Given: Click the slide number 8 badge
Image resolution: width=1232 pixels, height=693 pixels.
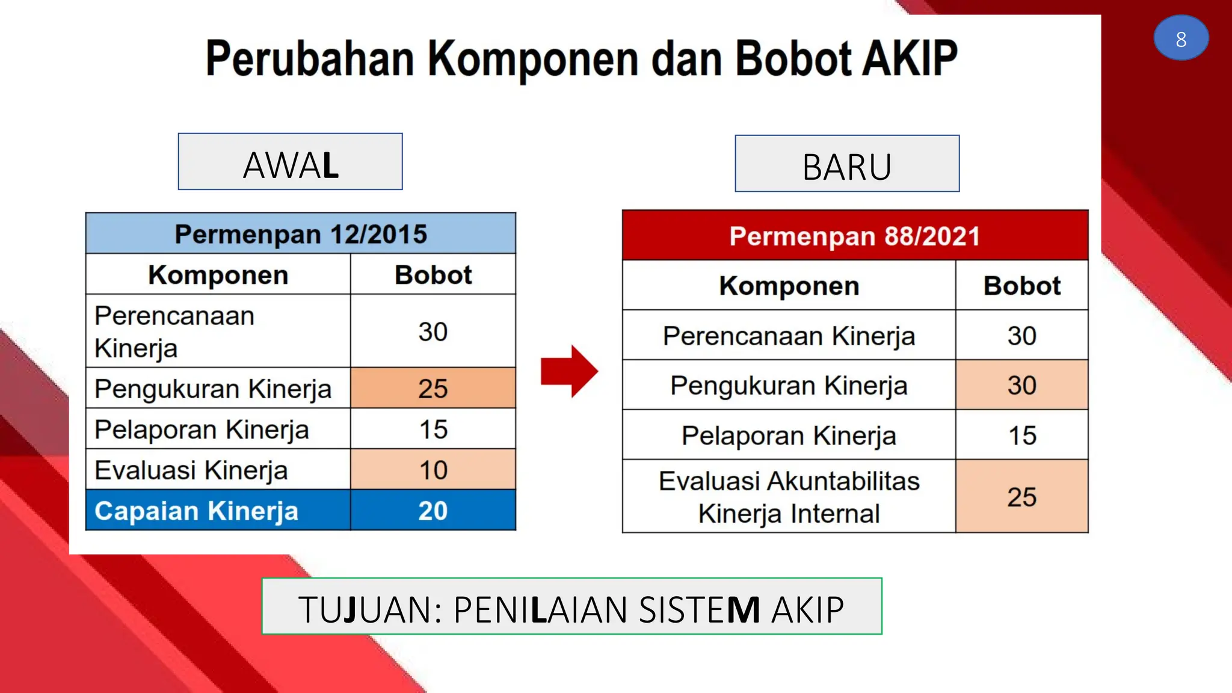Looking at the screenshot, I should pos(1181,38).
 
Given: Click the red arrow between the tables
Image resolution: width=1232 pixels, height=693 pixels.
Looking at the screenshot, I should pos(568,371).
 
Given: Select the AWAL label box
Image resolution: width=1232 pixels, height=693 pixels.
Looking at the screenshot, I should pos(291,162).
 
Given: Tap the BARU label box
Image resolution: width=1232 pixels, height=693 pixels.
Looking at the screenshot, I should pos(847,164).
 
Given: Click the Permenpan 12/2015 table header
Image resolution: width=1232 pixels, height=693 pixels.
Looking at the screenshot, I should pos(301,234).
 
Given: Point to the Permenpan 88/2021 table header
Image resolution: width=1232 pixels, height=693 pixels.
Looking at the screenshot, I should pos(855,236).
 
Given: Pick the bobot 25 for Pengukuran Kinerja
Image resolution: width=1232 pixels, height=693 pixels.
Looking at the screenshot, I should pos(433,389).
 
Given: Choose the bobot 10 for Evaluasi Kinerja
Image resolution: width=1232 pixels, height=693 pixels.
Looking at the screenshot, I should pos(433,470).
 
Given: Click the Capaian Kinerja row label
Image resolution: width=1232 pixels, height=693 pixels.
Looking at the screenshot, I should pos(197,511).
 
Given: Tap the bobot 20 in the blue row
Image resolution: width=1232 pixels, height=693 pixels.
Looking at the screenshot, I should pos(433,511).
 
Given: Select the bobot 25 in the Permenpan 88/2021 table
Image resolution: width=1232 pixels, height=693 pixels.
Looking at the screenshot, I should pos(1021,497).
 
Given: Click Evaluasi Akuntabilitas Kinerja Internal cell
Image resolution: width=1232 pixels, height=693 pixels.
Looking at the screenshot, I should pos(789,497).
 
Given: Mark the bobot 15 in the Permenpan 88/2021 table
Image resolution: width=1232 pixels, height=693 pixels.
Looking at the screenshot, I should pos(1021,436).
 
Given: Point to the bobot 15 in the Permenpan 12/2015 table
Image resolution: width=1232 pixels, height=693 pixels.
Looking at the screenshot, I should pos(433,430).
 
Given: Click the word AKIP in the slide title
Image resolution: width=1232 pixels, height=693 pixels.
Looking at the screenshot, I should pos(909,59).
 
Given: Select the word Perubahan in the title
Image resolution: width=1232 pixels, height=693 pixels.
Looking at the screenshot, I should pos(310,59).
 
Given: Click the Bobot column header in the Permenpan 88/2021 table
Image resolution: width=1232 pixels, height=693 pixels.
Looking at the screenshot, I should pos(1021,286).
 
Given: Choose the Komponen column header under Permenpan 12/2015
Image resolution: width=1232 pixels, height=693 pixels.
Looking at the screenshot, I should pos(218,275).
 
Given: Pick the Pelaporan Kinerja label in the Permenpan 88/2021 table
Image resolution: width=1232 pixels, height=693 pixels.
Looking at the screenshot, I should pos(789,436).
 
